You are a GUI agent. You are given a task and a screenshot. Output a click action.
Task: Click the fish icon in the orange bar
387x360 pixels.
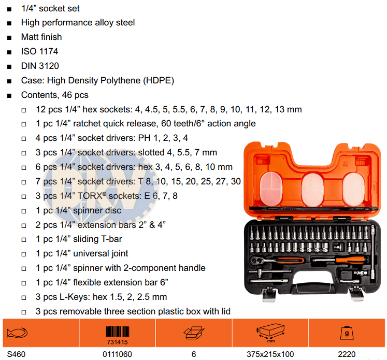coord(17,333)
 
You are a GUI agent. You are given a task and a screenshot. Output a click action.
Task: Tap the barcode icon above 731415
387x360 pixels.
coord(117,332)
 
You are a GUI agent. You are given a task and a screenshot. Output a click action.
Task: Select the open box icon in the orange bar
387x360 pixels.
coord(194,333)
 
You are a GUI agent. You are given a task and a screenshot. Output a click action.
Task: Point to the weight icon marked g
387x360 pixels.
coord(347,333)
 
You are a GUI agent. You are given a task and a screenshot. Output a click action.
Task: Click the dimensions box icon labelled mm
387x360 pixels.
coord(270,333)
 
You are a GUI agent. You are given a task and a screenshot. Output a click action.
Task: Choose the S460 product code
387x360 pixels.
coord(16,354)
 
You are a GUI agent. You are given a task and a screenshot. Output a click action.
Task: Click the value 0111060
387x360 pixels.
coord(117,354)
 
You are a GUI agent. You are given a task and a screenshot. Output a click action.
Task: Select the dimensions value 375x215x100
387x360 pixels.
coord(270,354)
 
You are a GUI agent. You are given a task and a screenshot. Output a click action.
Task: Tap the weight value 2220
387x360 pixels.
coord(347,354)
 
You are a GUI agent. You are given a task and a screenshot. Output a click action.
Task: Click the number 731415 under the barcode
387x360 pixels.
coord(117,342)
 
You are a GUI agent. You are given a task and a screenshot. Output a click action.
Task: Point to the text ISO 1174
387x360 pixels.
coord(39,51)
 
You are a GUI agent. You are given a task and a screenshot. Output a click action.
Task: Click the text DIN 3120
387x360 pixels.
coord(40,66)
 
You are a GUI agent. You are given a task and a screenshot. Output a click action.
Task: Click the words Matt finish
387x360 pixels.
coord(41,37)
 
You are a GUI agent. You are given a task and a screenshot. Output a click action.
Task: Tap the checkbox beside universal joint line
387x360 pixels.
coord(24,254)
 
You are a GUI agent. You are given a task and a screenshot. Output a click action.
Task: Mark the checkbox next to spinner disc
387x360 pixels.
coord(24,211)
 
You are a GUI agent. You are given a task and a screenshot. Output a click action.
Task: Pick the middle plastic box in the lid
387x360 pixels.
coord(313,190)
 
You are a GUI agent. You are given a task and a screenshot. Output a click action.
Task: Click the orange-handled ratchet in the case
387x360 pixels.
coord(277,260)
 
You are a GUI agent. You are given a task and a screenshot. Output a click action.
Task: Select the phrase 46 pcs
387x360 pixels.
coord(75,95)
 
